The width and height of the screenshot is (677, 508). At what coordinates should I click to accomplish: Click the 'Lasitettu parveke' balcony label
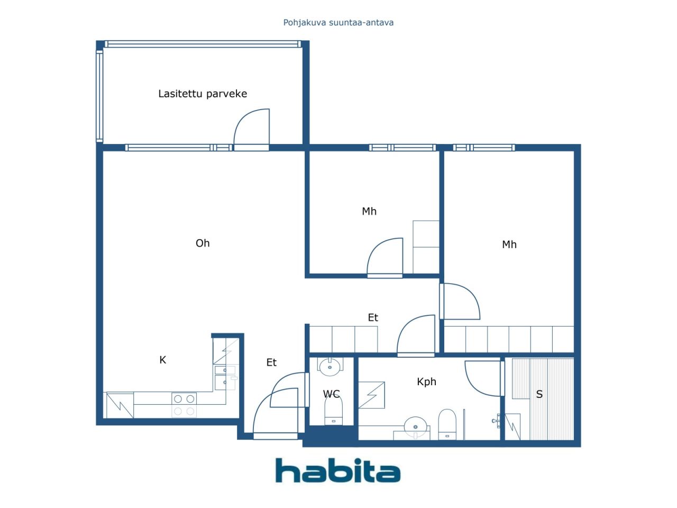[x=203, y=94]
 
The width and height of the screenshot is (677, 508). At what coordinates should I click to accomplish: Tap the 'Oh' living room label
[x=203, y=243]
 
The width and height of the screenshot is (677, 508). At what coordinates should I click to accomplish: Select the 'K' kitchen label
[x=162, y=360]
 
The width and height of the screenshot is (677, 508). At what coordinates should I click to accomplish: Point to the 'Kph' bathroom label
[x=426, y=382]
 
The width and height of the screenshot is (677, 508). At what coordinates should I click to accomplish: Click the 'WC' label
[x=331, y=394]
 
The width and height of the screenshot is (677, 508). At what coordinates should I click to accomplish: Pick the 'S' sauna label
[x=539, y=394]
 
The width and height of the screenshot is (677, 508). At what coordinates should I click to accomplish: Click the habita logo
[x=338, y=470]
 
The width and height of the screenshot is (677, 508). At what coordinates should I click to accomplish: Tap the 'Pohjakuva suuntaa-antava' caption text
[x=338, y=23]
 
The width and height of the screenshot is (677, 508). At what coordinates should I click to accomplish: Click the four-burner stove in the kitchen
[x=184, y=405]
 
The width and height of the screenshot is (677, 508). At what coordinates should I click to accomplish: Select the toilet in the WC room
[x=334, y=411]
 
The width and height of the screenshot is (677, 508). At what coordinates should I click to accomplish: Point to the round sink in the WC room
[x=330, y=366]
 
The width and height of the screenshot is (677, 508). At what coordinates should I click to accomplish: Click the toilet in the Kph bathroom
[x=447, y=424]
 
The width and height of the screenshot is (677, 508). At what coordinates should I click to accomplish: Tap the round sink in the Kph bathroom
[x=415, y=427]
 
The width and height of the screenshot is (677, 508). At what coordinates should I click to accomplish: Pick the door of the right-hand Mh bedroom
[x=460, y=301]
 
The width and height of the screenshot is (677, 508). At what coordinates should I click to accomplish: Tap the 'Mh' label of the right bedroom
[x=509, y=244]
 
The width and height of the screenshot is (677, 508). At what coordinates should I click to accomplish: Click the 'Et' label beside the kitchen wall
[x=271, y=362]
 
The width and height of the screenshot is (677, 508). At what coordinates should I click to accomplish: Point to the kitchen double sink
[x=225, y=378]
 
